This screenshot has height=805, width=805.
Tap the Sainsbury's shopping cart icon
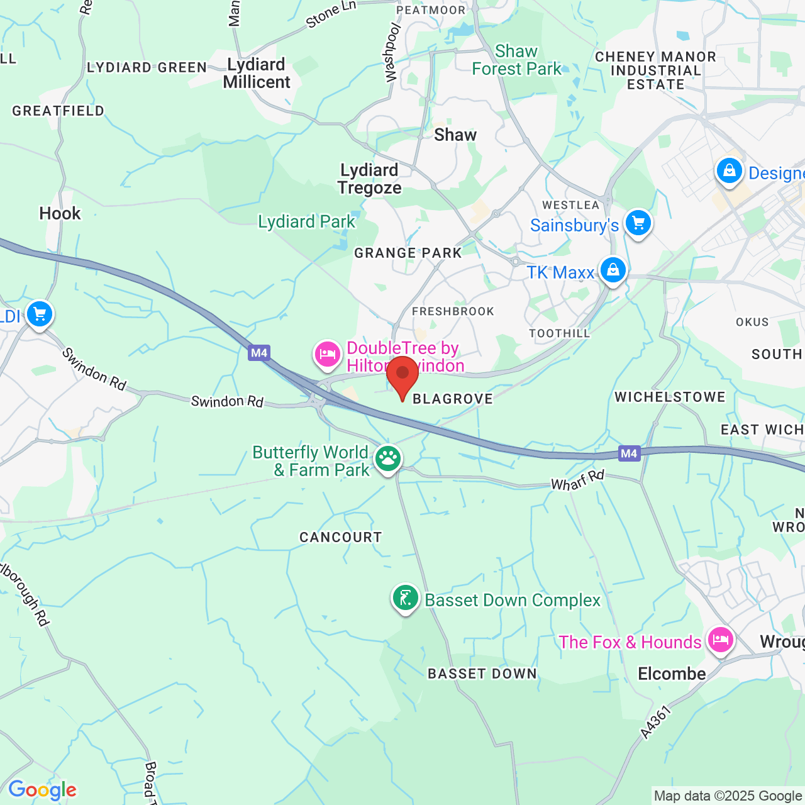[638, 223]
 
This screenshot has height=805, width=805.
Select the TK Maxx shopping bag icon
[613, 270]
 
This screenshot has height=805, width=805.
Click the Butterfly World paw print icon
[388, 458]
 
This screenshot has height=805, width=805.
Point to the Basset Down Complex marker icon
[406, 597]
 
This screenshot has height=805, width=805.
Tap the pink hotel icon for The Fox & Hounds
[720, 640]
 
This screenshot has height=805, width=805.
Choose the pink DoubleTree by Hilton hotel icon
[327, 355]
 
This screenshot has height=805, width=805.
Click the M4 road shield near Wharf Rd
[629, 453]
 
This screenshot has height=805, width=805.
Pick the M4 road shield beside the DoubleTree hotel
[259, 353]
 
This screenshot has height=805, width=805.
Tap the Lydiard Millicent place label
[257, 74]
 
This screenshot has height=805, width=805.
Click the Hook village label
[60, 214]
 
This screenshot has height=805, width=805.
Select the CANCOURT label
[340, 537]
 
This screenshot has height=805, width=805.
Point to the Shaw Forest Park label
[516, 60]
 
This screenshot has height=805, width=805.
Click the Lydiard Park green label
[306, 221]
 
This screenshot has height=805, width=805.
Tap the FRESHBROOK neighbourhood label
[453, 311]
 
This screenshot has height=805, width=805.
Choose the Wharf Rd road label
[577, 480]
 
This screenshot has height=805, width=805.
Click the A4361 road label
[656, 722]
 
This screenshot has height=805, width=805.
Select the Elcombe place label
[672, 674]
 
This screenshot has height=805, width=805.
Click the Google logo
[42, 790]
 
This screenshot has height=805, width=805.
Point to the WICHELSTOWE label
[670, 397]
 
